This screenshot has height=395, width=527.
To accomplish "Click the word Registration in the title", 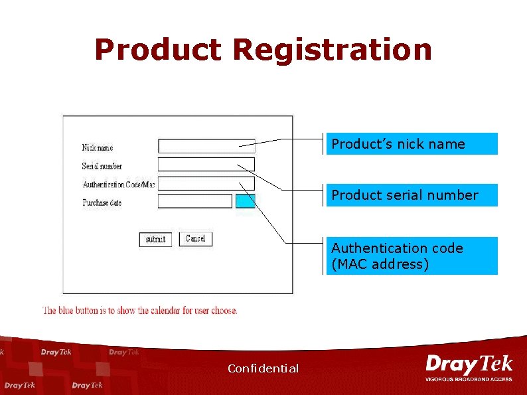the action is coord(332,50).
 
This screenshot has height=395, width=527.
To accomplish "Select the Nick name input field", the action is coord(206,146).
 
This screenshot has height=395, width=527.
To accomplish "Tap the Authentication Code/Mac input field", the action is coord(206,183).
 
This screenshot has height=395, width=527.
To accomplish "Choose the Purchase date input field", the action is coord(195,201).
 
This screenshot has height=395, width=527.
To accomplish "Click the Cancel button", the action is coord(196,239).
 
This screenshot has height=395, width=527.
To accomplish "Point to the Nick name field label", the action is coord(98,147).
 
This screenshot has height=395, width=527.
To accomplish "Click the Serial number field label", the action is coord(102,166).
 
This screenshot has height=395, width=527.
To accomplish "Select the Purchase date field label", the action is coord(102,202).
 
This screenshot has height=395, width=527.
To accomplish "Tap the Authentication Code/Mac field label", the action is coord(119,185).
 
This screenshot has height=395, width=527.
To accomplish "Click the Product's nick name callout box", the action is coord(412,144).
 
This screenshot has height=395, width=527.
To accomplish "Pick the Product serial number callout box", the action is coord(412,195).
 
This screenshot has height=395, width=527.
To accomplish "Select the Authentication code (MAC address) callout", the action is coord(412,256).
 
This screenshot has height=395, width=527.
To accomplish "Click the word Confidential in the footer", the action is coord(263,368).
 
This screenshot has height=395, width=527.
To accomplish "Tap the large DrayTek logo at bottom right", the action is coord(469,364).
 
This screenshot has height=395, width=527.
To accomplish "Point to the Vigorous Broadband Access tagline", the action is coord(469,379).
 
